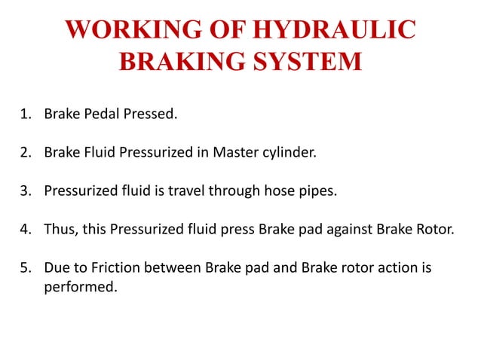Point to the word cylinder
click(288, 153)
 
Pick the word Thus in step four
click(59, 229)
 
